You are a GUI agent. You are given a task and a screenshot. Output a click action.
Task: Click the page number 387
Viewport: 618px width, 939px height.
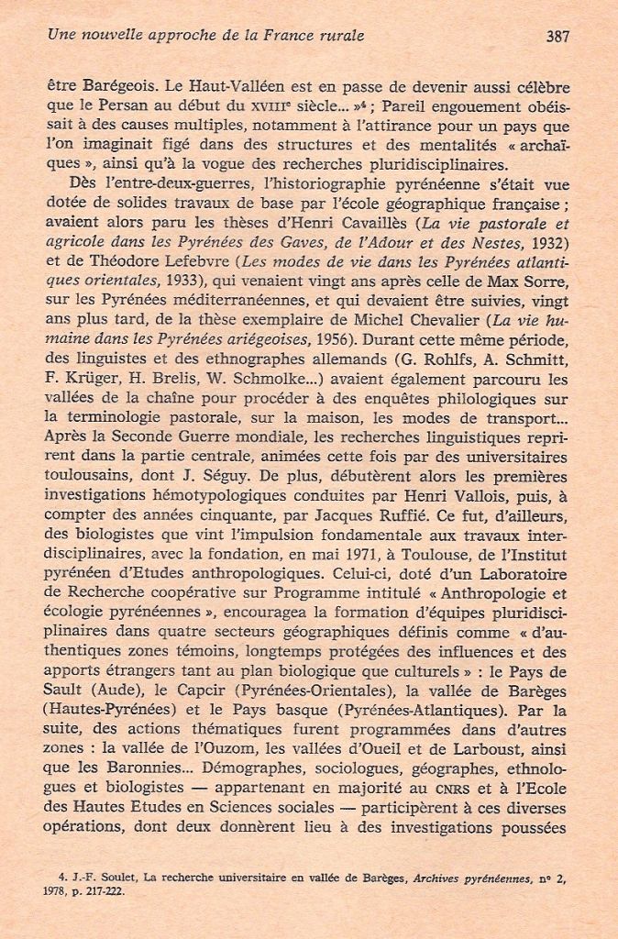(557, 37)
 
